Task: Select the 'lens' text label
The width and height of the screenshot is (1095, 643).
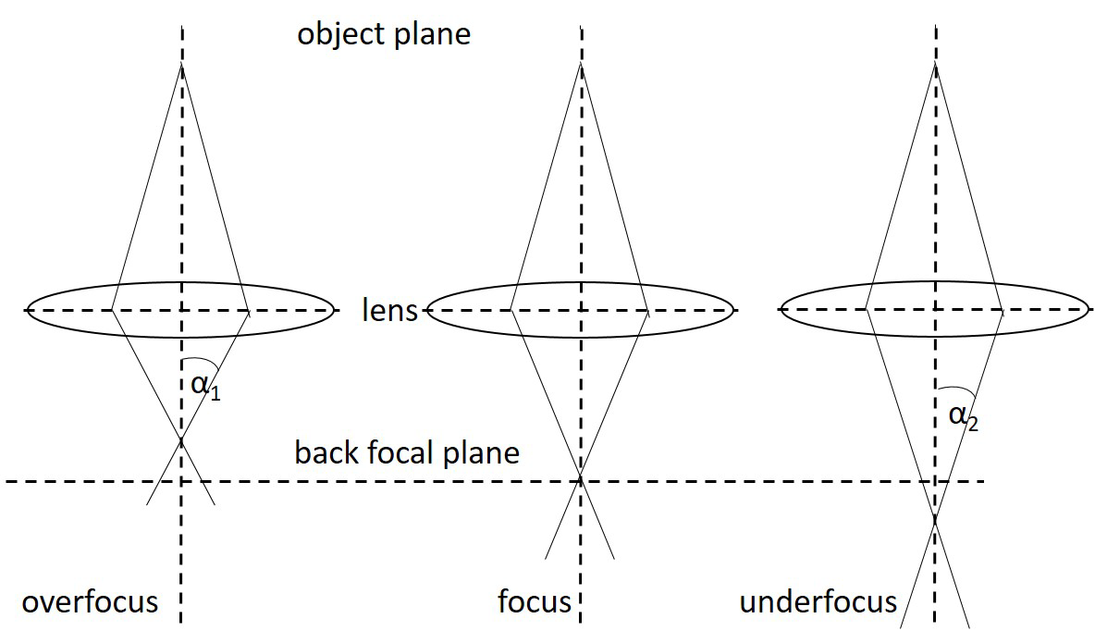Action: tap(390, 310)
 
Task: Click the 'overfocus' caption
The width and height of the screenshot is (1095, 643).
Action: tap(90, 602)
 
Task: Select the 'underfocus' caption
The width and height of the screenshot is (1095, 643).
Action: tap(818, 602)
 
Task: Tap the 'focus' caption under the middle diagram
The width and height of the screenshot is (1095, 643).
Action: tap(535, 602)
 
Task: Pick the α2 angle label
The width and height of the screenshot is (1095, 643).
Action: tap(963, 417)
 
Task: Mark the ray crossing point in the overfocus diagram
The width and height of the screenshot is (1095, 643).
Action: tap(181, 441)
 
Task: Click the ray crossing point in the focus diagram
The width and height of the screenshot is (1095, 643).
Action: tap(580, 479)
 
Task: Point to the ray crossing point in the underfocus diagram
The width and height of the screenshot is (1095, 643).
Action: tap(935, 519)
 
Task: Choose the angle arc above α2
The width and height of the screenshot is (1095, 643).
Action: tap(962, 389)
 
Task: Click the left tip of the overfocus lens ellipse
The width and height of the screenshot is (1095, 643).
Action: tap(28, 310)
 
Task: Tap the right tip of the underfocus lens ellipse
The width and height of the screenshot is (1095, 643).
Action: tap(1088, 310)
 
